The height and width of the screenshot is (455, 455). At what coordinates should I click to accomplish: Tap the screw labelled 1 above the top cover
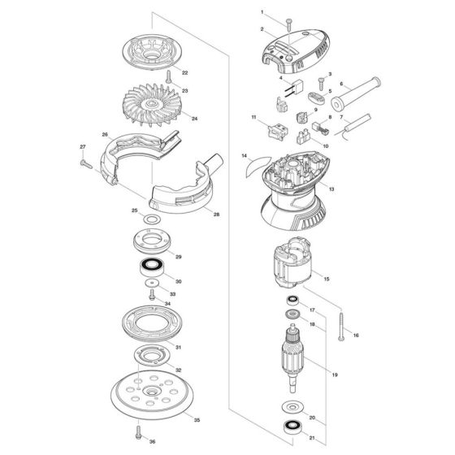[x=289, y=25]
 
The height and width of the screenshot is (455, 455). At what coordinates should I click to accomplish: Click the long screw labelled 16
[x=341, y=327]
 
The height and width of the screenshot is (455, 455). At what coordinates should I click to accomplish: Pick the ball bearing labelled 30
[x=151, y=267]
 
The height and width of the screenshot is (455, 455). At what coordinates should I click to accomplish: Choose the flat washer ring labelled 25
[x=152, y=219]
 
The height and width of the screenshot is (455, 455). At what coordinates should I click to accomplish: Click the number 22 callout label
[x=185, y=73]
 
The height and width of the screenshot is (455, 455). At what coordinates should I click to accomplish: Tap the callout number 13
[x=331, y=189]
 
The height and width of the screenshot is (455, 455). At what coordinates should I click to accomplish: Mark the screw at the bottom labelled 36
[x=138, y=432]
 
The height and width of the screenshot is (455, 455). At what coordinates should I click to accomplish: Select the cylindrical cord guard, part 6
[x=356, y=94]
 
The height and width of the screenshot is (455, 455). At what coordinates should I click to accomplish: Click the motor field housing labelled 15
[x=292, y=262]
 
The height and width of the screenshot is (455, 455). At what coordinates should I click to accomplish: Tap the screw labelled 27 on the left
[x=86, y=164]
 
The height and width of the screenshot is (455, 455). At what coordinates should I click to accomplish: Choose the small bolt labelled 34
[x=151, y=294]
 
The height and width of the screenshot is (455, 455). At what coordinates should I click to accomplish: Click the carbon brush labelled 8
[x=320, y=128]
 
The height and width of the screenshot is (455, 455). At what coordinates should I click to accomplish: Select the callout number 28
[x=216, y=214]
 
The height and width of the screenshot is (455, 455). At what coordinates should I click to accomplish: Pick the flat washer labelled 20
[x=292, y=407]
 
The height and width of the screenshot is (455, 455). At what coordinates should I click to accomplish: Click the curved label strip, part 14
[x=257, y=167]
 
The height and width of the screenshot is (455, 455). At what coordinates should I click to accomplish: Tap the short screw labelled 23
[x=168, y=76]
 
